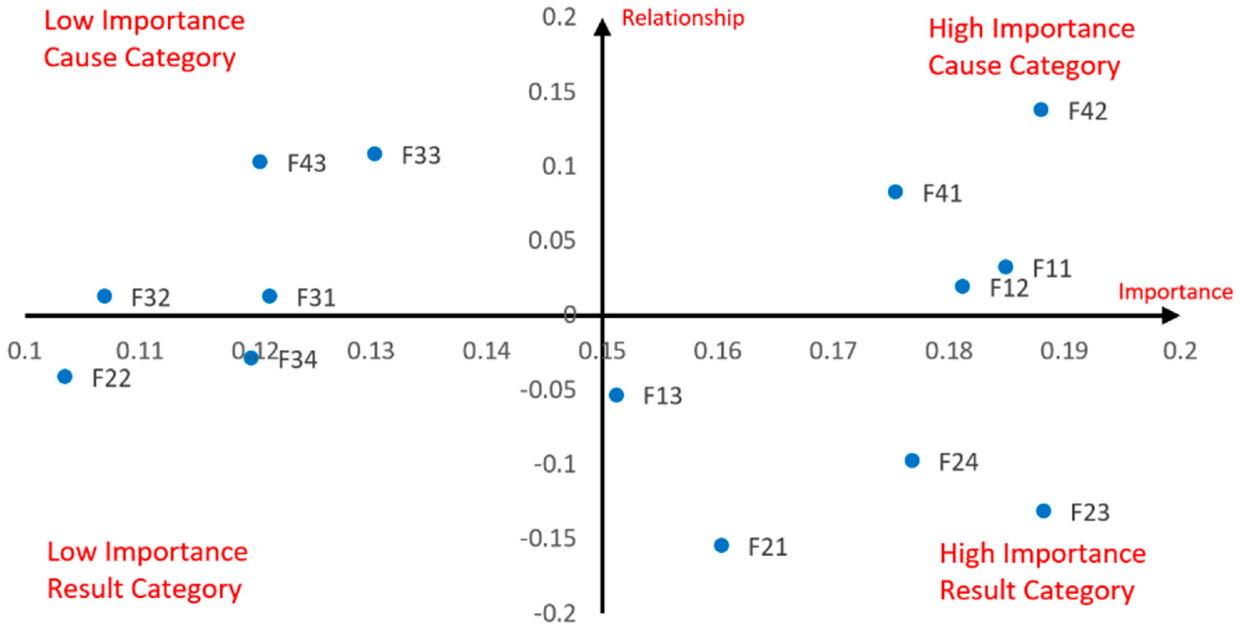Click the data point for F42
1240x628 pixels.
click(1041, 110)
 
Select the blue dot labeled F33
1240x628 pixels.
click(375, 154)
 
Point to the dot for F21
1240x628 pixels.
click(721, 545)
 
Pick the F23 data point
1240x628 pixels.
click(1043, 511)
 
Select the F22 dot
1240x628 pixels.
click(65, 376)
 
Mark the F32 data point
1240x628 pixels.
click(105, 296)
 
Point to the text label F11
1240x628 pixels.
click(1052, 269)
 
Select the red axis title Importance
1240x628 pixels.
click(1175, 292)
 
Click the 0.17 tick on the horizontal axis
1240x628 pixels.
click(833, 351)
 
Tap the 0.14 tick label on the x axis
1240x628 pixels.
click(486, 351)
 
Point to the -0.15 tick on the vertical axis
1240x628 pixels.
click(548, 538)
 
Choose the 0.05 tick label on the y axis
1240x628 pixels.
click(552, 240)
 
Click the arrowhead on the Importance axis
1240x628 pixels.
click(1171, 316)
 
